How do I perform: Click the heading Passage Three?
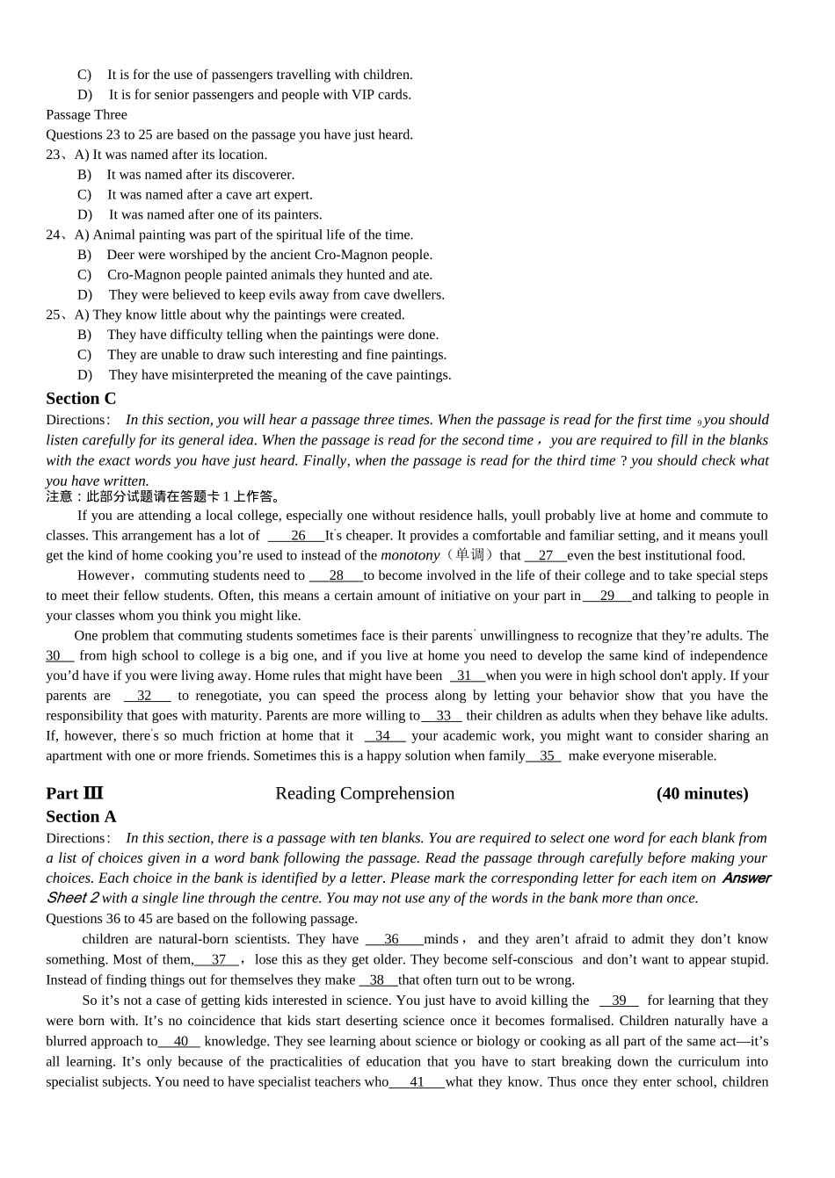[86, 115]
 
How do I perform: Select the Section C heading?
[81, 398]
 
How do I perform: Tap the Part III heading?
[75, 793]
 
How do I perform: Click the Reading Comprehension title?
[365, 793]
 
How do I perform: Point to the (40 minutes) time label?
[702, 793]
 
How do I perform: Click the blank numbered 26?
[297, 536]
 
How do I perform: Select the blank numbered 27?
[546, 556]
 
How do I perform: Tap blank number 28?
[336, 576]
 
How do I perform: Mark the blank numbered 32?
[146, 696]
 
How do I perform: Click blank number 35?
[545, 756]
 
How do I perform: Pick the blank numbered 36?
[393, 939]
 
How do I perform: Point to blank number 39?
[619, 1001]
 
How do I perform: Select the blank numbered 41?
[417, 1082]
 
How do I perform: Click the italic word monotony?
[410, 556]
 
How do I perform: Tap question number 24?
[55, 235]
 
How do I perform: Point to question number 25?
[55, 315]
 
